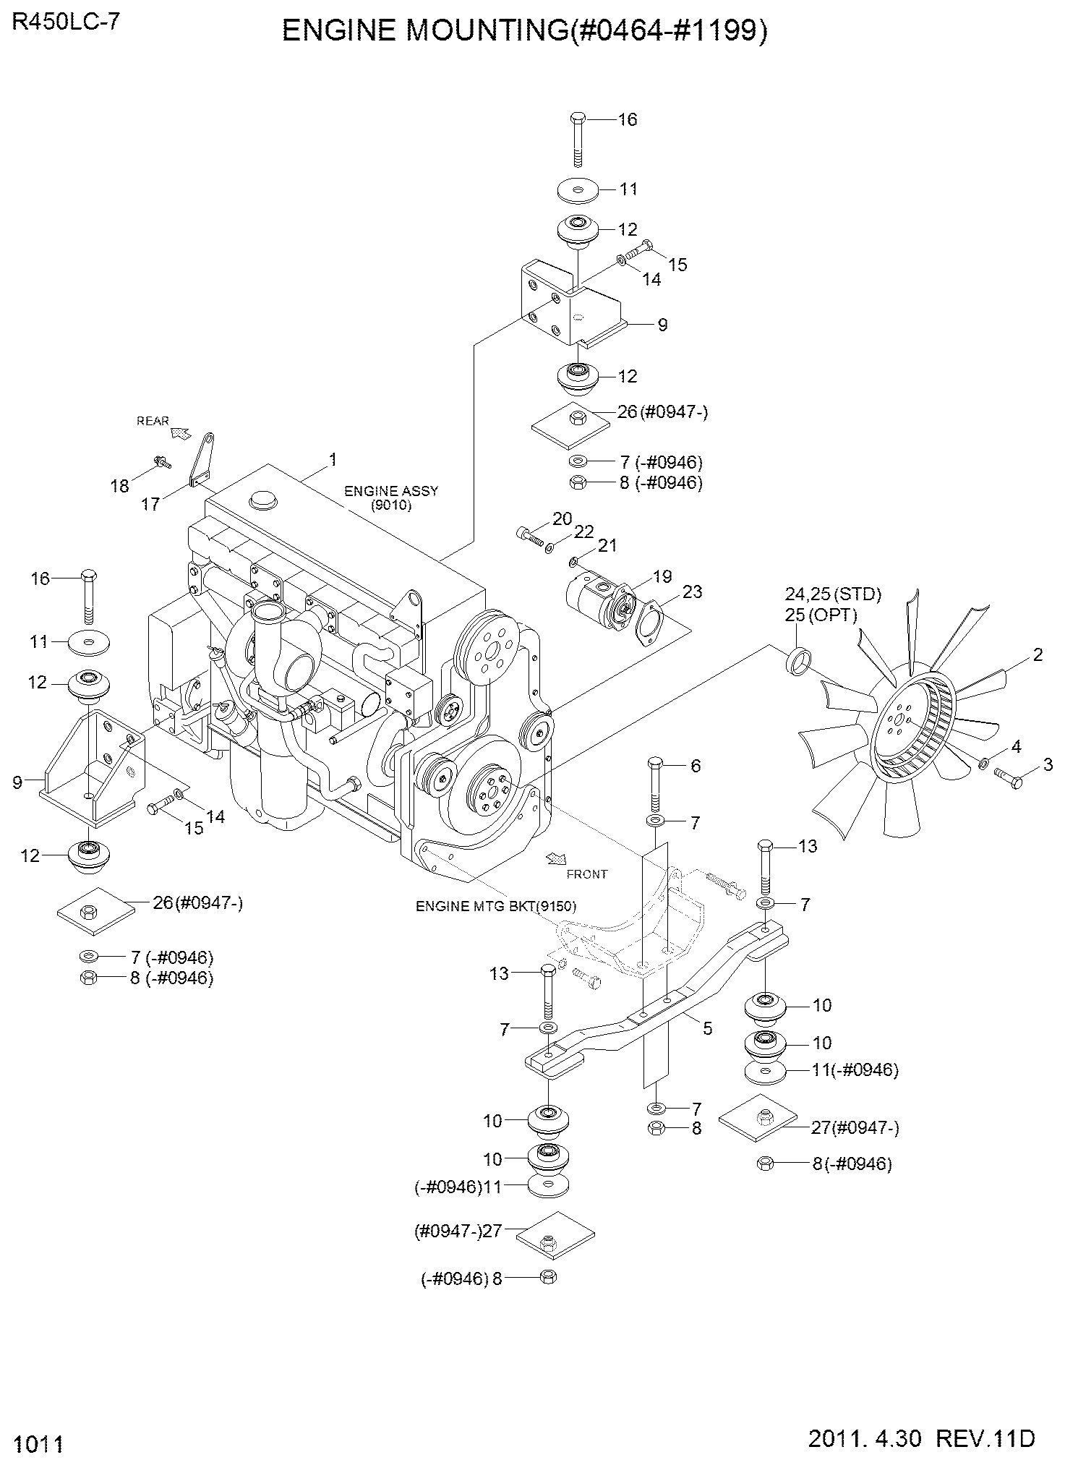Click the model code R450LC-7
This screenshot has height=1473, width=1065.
pos(66,22)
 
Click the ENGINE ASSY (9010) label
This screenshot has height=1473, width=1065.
pos(391,498)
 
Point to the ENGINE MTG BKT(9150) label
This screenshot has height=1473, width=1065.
pos(496,906)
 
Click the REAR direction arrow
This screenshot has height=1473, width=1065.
pos(179,432)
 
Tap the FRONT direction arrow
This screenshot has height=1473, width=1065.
pos(557,858)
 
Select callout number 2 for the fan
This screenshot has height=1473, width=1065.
pos(1038,655)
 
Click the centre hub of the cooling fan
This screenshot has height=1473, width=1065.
pos(899,720)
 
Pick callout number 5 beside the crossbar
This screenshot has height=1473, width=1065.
pos(707,1028)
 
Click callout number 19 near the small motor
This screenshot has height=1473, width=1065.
pos(662,576)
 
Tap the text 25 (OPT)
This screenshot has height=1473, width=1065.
pos(821,615)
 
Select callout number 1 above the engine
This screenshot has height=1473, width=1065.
pos(333,460)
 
